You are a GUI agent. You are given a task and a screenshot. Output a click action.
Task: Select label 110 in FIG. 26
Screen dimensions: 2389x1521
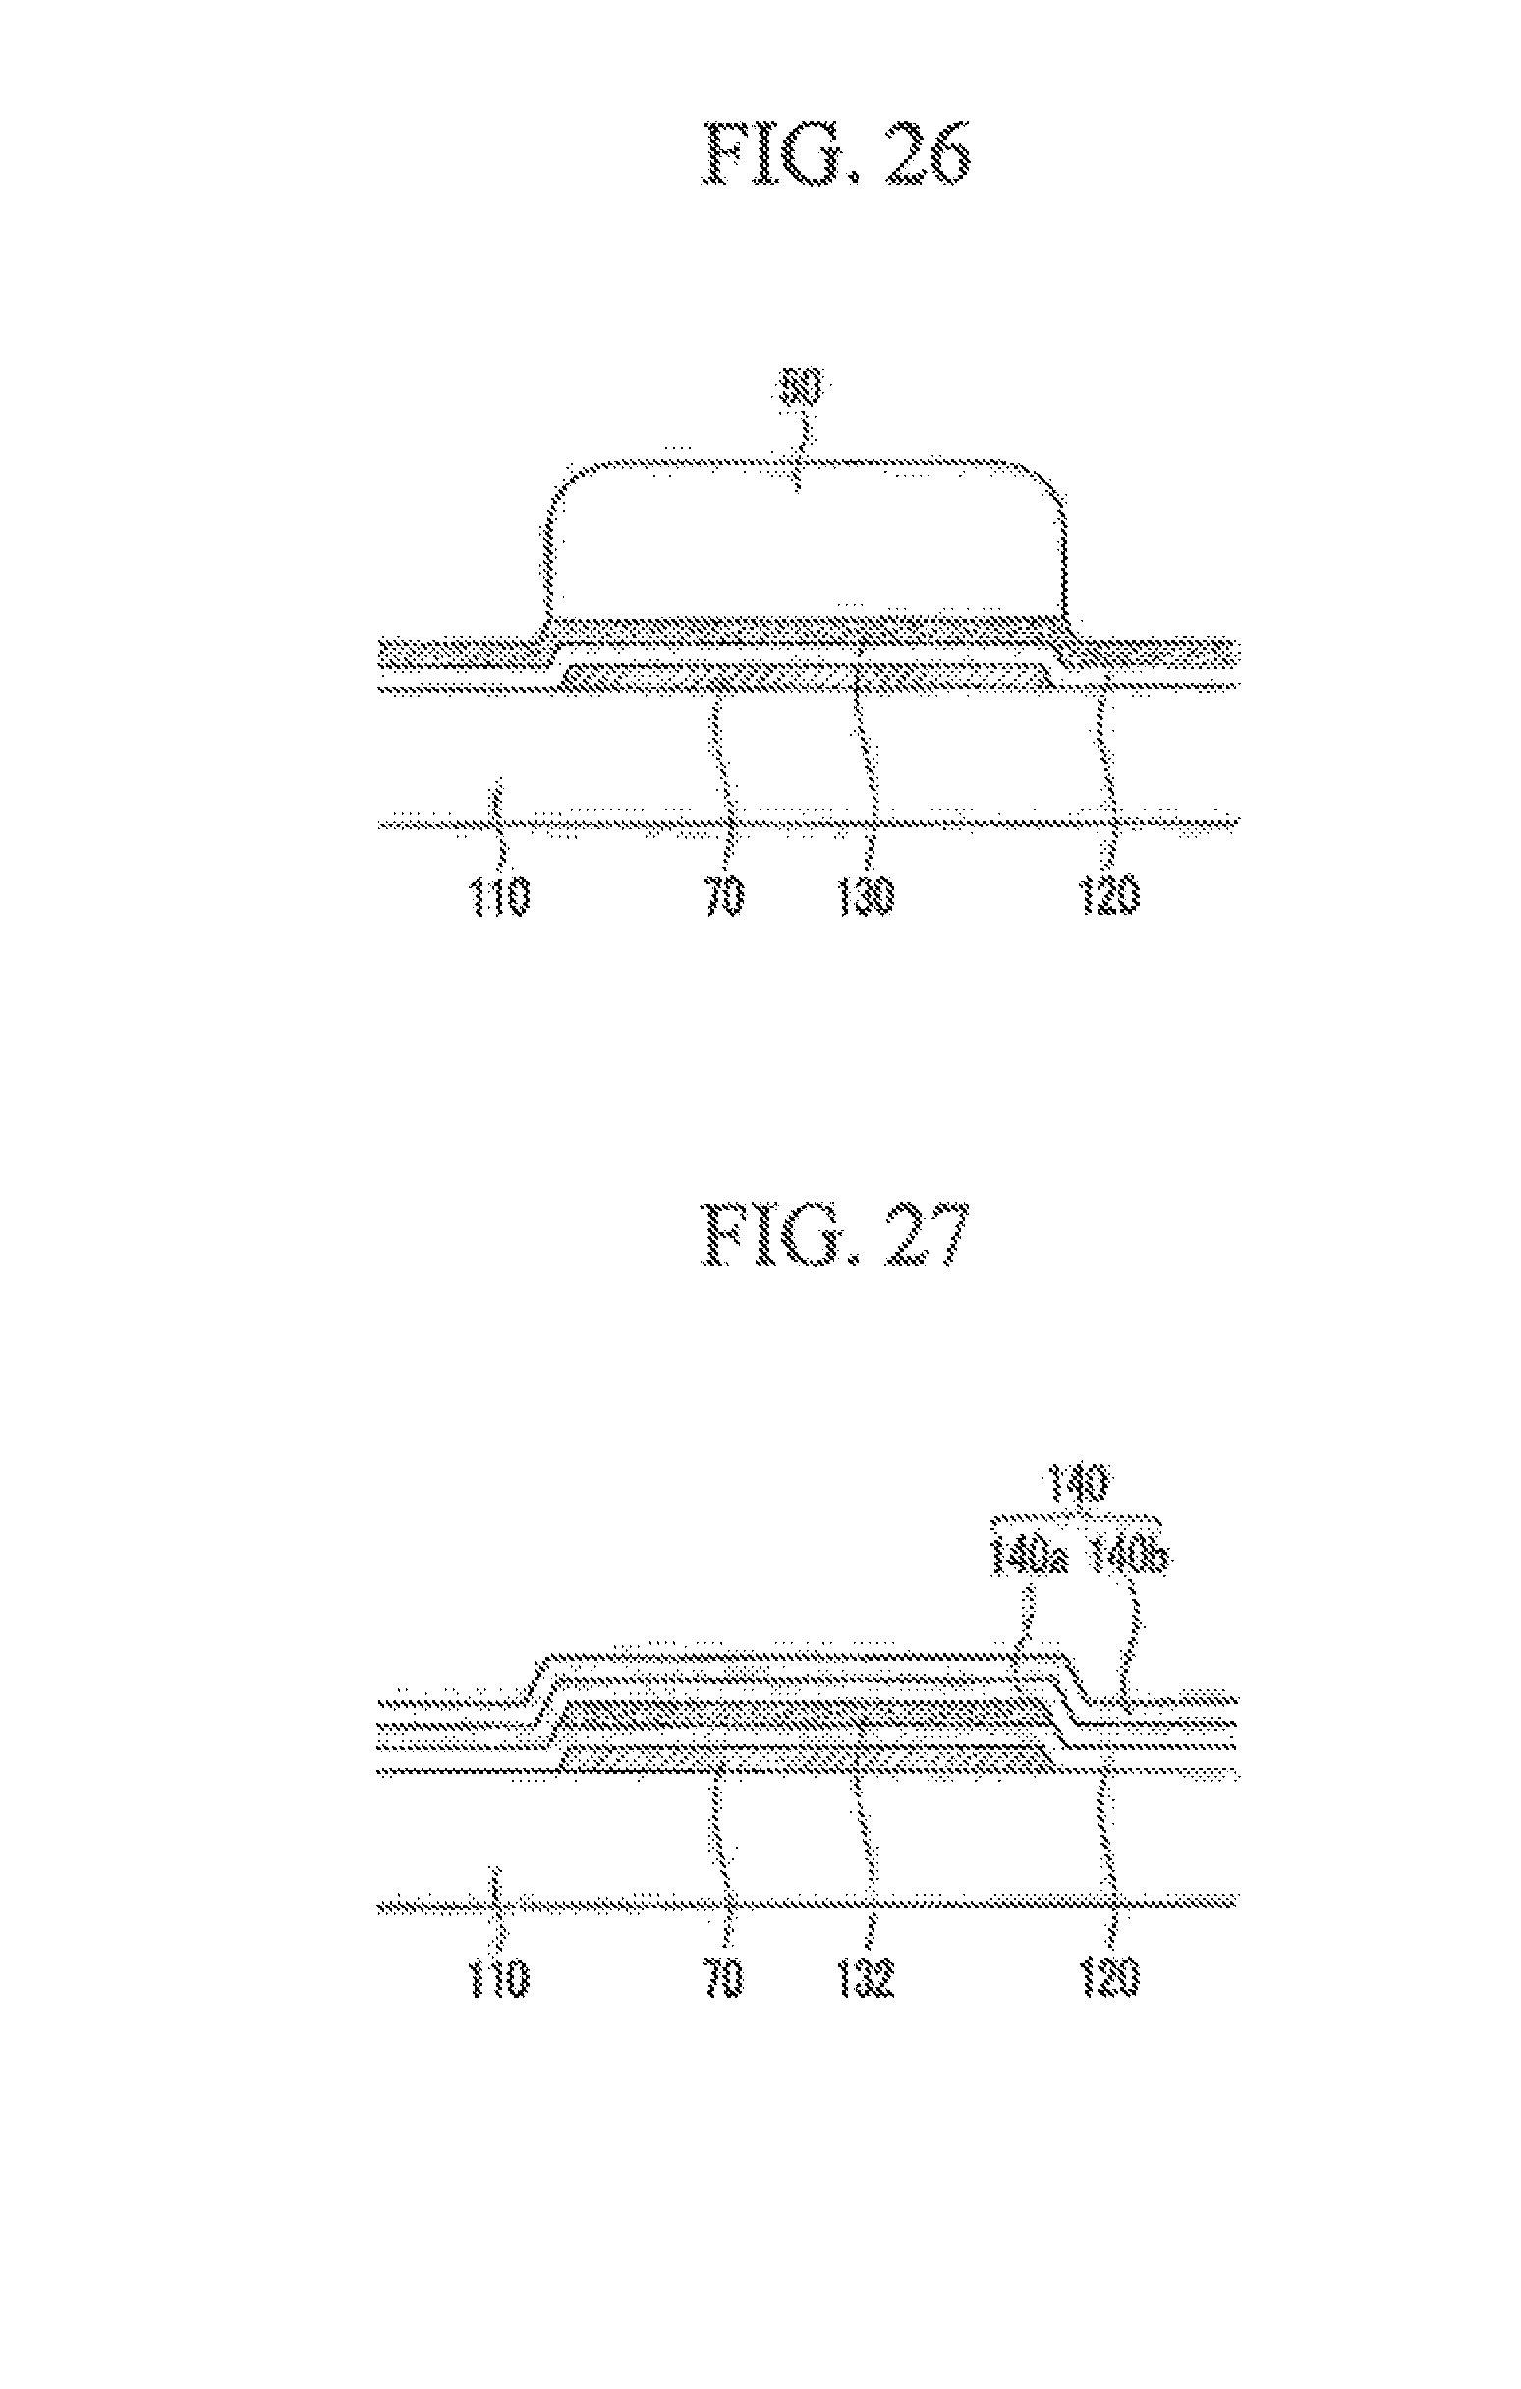point(498,899)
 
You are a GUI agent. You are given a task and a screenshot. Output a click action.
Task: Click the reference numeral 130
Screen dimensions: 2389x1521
point(871,899)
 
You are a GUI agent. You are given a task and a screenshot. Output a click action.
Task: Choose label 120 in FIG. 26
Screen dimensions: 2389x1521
point(1111,899)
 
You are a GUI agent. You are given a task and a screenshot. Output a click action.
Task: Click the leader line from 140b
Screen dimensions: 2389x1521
point(1132,1637)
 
